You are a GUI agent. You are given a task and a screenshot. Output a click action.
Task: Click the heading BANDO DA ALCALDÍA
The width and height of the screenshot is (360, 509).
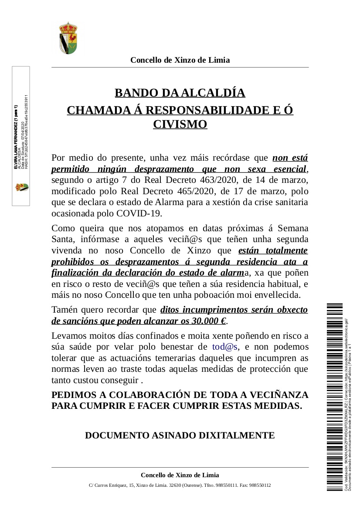point(180,93)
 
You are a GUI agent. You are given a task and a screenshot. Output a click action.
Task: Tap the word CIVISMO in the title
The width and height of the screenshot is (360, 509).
point(180,125)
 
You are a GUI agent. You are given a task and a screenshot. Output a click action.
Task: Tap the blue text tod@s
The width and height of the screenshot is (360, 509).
point(224,347)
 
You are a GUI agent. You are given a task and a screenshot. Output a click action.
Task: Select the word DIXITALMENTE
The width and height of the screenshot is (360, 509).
point(237,435)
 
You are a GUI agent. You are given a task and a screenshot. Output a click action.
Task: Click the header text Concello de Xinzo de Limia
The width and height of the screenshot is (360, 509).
point(180,60)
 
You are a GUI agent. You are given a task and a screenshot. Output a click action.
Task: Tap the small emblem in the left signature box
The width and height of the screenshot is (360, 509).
point(21,187)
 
